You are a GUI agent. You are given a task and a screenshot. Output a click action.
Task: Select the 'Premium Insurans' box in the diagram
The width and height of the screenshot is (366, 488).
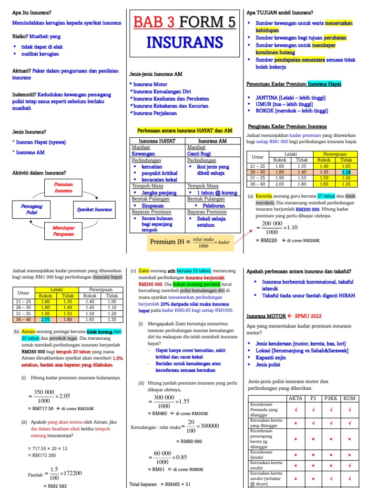point(63,187)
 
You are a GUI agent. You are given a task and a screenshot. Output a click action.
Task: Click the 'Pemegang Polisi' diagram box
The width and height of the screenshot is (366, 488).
point(31,209)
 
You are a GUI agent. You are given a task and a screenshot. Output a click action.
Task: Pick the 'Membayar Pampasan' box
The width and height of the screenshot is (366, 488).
point(63,231)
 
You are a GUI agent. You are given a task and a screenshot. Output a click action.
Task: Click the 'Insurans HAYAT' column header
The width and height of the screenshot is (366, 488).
point(158,142)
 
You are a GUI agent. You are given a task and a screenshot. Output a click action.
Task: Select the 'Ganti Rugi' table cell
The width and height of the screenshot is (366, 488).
point(200,154)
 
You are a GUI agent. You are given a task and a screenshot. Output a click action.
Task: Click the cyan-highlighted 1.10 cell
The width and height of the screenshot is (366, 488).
point(346,172)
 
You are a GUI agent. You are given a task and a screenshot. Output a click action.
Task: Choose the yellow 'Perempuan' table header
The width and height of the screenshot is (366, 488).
point(335,154)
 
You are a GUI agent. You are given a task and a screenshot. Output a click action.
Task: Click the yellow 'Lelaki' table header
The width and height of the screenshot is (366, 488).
point(57,289)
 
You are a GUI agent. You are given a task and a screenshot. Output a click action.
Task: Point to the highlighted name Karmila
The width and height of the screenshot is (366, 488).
point(264,196)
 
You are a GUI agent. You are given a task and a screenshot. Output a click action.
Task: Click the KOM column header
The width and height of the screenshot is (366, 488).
point(349,398)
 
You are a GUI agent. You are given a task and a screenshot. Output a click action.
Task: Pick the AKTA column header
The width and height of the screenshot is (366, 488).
point(295,398)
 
